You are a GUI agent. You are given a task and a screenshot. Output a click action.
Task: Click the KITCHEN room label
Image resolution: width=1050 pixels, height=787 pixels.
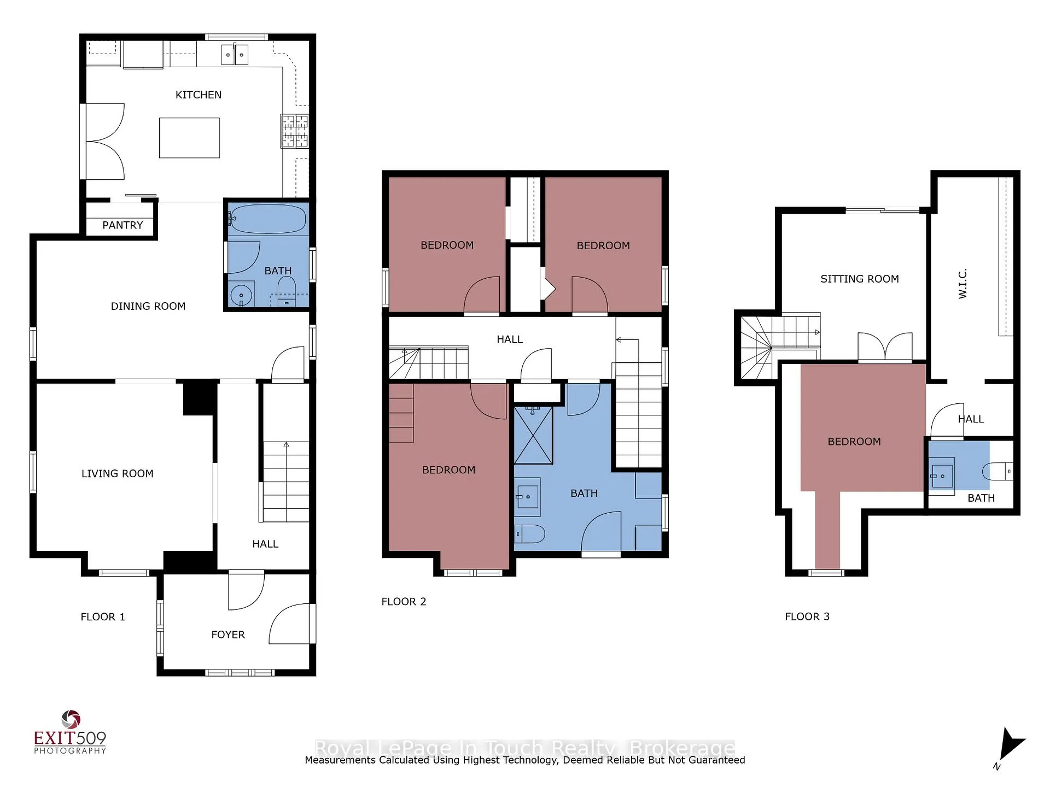(x=199, y=95)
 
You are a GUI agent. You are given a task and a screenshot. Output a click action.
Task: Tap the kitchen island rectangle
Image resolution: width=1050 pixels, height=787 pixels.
(x=189, y=138)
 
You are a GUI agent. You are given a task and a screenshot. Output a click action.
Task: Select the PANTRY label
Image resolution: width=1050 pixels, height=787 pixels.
(x=122, y=225)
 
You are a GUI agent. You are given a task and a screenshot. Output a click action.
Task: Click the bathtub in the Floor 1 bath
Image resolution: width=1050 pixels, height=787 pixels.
(x=267, y=219)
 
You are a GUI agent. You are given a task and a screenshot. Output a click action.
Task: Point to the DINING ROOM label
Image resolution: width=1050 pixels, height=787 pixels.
(x=148, y=307)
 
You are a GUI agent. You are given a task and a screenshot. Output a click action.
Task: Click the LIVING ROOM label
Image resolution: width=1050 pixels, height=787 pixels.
(x=118, y=474)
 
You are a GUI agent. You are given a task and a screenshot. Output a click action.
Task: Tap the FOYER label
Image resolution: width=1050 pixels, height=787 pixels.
(x=228, y=635)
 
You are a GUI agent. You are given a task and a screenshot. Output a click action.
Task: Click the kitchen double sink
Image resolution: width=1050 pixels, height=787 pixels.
(x=235, y=55)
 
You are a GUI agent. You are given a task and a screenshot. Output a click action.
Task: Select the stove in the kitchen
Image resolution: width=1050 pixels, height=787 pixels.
(x=295, y=131)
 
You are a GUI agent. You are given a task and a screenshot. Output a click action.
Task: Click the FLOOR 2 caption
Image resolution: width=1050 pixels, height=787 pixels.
(x=404, y=602)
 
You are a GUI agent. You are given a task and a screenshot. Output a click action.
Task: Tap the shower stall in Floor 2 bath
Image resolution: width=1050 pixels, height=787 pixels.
(x=533, y=435)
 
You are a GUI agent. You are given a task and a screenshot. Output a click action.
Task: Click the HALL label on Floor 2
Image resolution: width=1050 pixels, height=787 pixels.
(x=510, y=339)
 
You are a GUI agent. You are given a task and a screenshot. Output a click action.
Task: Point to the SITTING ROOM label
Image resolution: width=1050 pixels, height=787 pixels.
(x=860, y=279)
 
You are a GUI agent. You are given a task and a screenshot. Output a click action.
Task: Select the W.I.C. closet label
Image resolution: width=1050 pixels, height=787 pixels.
(x=963, y=283)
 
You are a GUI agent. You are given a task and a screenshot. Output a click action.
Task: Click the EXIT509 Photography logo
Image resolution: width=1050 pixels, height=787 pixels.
(x=70, y=732)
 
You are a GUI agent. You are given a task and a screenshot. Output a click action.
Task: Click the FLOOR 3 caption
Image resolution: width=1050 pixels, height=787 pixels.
(x=807, y=616)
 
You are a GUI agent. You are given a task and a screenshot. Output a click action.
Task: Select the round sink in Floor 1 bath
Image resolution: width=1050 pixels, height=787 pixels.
(x=241, y=295)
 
